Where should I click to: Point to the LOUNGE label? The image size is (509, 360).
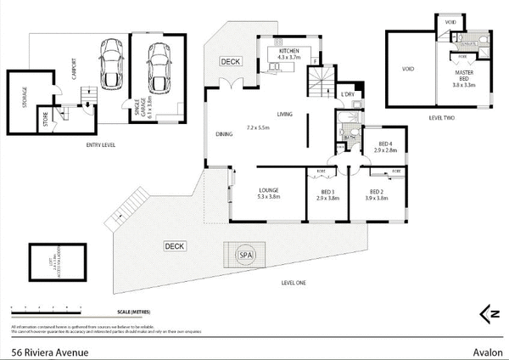coord(270,190)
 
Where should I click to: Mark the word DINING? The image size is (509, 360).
coord(224,134)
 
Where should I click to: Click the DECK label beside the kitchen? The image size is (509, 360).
coord(230,62)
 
